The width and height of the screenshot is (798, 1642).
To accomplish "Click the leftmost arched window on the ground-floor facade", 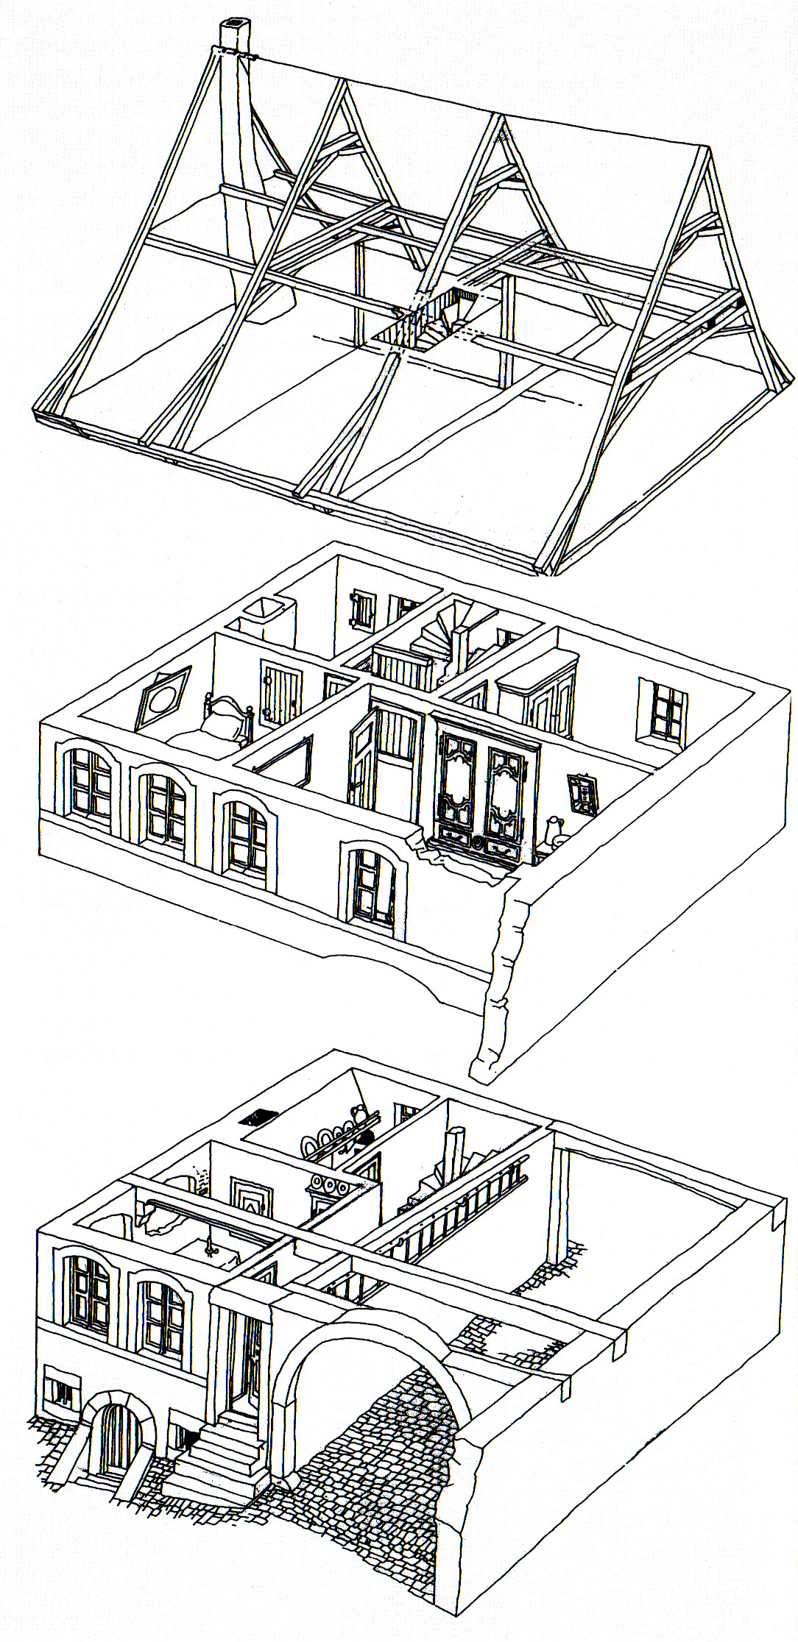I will point(88,1294).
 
